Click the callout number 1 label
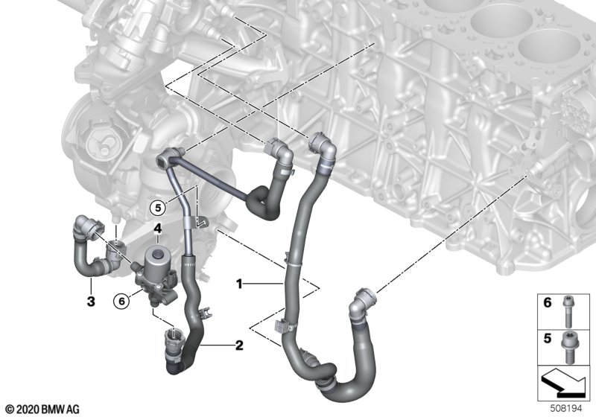coord(239,284)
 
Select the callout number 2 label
coord(239,346)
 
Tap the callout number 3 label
coord(91,302)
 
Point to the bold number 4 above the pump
coord(158,229)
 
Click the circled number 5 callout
coord(158,208)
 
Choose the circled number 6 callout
coord(121,301)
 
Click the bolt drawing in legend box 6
coord(567,311)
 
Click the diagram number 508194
coord(566,409)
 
